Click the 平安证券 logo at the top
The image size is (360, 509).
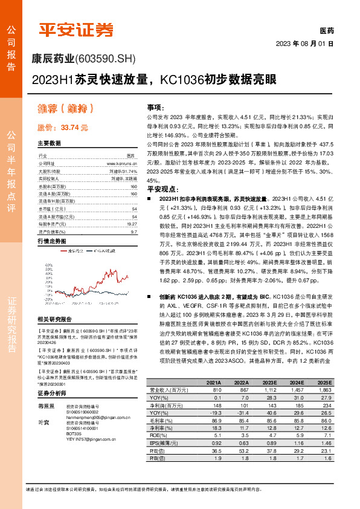click(x=76, y=29)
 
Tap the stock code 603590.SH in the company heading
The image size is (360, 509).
click(x=108, y=59)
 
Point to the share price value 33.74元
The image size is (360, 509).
click(x=75, y=128)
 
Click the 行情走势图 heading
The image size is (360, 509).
click(x=51, y=241)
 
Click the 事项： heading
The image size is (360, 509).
click(x=155, y=106)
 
